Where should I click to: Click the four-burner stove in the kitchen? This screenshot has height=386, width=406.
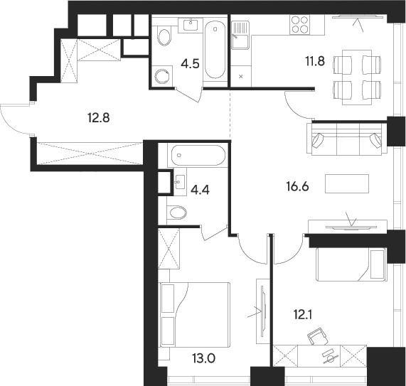[x=297, y=25]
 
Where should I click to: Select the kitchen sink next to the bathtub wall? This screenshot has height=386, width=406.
[x=240, y=33]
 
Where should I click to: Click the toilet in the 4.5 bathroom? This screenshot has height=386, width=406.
[x=164, y=36]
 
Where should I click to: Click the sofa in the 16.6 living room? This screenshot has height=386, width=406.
[x=346, y=136]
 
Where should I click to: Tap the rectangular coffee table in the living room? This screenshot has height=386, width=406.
[x=347, y=183]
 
